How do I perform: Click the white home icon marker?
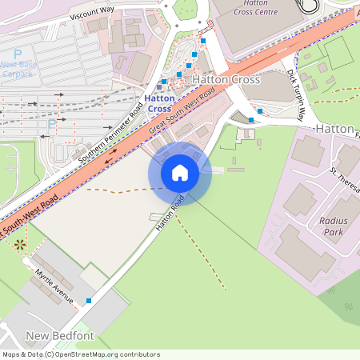point(179,173)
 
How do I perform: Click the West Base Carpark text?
point(19,70)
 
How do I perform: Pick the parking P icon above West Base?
point(18,53)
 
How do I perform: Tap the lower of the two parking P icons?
point(52,123)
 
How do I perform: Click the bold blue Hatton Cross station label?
point(160,103)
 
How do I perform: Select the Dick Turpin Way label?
point(296,94)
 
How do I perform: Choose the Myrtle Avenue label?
point(54,286)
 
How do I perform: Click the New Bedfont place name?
point(55,334)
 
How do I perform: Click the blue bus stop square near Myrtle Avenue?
point(88,301)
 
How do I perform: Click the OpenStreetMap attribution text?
point(80,354)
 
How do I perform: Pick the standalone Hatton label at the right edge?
point(334,128)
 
